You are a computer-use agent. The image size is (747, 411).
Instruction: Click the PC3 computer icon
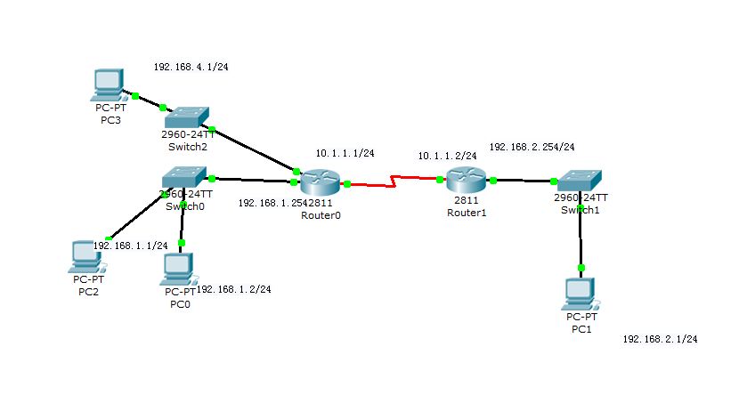(x=109, y=85)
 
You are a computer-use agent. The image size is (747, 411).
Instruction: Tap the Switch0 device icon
(x=185, y=177)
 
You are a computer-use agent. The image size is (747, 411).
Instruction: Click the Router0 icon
(x=319, y=183)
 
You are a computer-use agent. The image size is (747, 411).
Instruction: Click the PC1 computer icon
(x=581, y=293)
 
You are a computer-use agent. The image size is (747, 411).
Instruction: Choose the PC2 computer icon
(x=87, y=256)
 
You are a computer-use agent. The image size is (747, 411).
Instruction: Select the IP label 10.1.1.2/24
(x=447, y=156)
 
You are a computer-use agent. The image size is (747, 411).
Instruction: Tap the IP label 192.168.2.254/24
(x=532, y=146)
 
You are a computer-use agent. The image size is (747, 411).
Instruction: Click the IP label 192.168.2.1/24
(x=660, y=339)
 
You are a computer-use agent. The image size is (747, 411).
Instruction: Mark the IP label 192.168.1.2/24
(x=233, y=288)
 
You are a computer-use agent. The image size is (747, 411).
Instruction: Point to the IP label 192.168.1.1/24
(x=132, y=245)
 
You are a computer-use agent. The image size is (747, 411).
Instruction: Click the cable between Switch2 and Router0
(x=254, y=149)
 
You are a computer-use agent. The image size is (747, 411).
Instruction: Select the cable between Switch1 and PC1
(x=581, y=238)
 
